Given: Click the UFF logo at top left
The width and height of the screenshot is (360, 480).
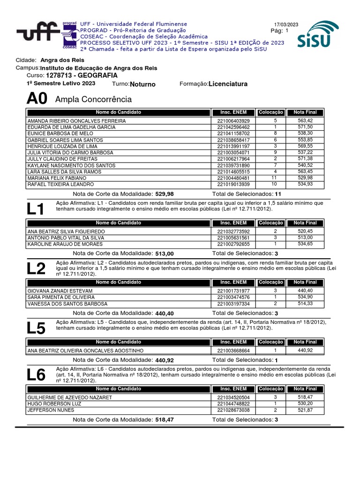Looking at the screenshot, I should [x=40, y=34].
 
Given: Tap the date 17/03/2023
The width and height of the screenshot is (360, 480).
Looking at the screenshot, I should [x=286, y=25].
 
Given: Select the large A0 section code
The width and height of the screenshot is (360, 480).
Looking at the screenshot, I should [x=37, y=99].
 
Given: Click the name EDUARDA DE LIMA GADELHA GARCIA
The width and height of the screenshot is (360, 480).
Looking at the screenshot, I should [x=72, y=127].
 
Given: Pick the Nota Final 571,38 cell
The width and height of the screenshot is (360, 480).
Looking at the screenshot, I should [x=305, y=159].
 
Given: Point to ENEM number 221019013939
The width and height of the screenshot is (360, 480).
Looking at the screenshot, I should [x=233, y=185].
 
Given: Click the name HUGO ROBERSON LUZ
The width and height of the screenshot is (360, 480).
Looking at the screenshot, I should [x=54, y=404].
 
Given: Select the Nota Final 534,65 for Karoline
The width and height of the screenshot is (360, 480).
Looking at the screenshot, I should [x=305, y=244].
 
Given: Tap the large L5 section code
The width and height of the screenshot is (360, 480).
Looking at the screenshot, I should [x=36, y=328].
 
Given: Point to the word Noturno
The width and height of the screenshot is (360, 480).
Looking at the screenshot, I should [x=142, y=84].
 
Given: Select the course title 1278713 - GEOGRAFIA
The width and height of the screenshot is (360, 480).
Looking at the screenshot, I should [x=82, y=75].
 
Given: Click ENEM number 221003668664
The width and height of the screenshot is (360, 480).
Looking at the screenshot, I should [x=233, y=351].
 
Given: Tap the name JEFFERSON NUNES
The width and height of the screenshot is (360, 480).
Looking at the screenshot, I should [x=51, y=410].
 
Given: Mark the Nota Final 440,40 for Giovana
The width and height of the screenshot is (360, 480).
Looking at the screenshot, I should [x=305, y=291].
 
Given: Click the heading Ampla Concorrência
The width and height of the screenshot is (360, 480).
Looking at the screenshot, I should [x=93, y=99].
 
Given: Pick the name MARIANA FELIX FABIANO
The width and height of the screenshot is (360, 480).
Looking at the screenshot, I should [x=57, y=178].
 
